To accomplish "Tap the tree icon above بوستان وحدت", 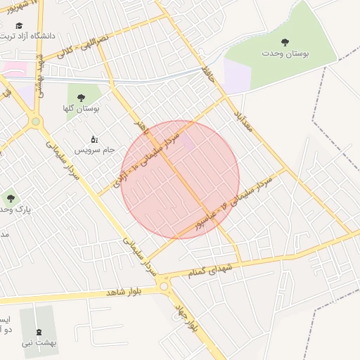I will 285,42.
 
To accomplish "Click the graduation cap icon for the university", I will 18,25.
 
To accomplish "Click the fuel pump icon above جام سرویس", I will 94,140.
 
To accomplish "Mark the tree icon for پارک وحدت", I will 9,198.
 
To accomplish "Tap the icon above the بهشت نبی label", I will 38,331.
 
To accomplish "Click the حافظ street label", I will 207,75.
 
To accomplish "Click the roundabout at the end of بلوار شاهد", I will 164,286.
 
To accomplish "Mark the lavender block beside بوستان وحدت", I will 237,76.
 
